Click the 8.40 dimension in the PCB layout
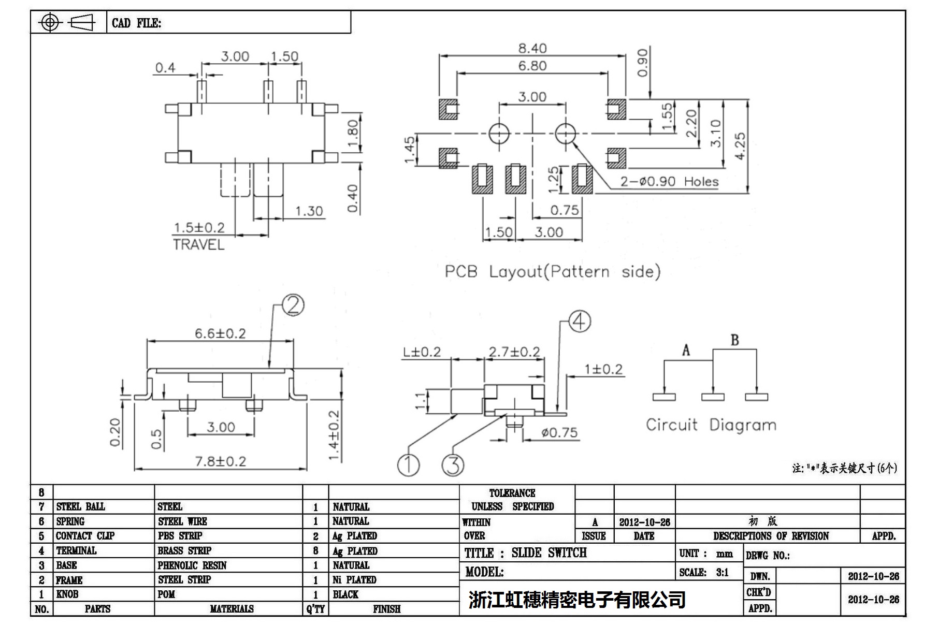(532, 48)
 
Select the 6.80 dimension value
(532, 66)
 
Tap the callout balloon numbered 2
(293, 305)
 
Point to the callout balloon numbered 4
(580, 322)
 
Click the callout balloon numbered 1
(408, 464)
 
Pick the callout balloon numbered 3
(453, 464)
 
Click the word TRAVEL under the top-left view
(198, 244)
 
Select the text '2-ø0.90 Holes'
(669, 182)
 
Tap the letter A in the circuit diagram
(686, 351)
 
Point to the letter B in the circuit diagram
(734, 340)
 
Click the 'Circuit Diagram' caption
(711, 425)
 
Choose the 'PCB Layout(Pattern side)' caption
(552, 271)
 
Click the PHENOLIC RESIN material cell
(192, 565)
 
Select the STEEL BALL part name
(80, 506)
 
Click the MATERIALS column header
(232, 609)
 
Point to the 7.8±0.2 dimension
(220, 461)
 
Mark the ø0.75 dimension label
(559, 432)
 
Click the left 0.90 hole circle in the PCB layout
(499, 133)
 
